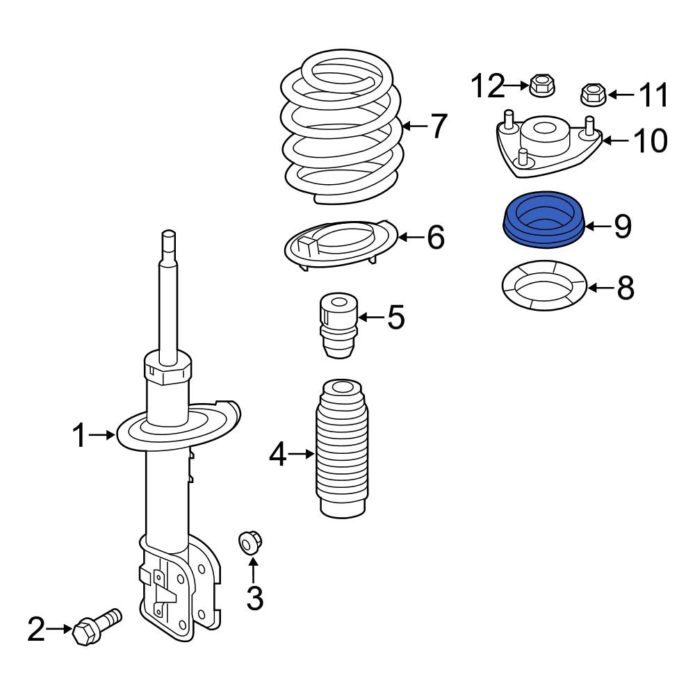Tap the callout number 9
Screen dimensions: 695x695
[x=622, y=226]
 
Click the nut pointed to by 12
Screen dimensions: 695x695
[x=542, y=86]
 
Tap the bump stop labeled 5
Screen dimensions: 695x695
[x=338, y=325]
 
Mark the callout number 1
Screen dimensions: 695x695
[x=80, y=436]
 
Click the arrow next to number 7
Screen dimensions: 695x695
[x=416, y=126]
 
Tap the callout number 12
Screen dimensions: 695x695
[x=488, y=86]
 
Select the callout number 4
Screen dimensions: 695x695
[x=277, y=455]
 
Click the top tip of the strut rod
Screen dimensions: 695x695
[x=167, y=234]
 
